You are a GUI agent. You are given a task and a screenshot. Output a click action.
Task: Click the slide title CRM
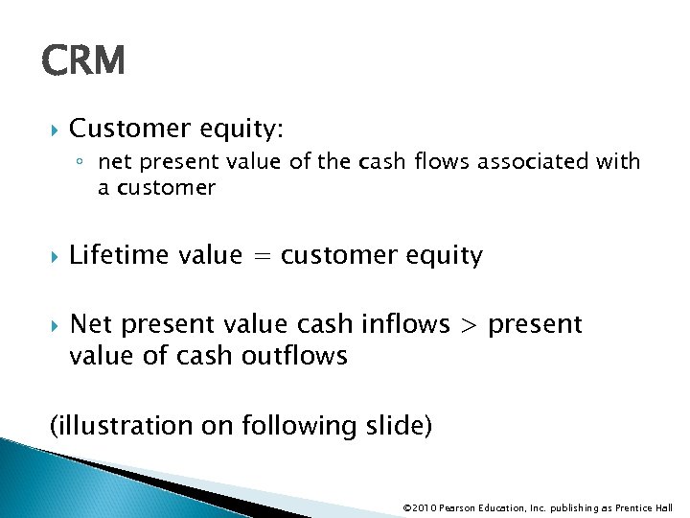(x=83, y=62)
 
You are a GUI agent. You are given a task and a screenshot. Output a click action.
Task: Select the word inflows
(x=405, y=325)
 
